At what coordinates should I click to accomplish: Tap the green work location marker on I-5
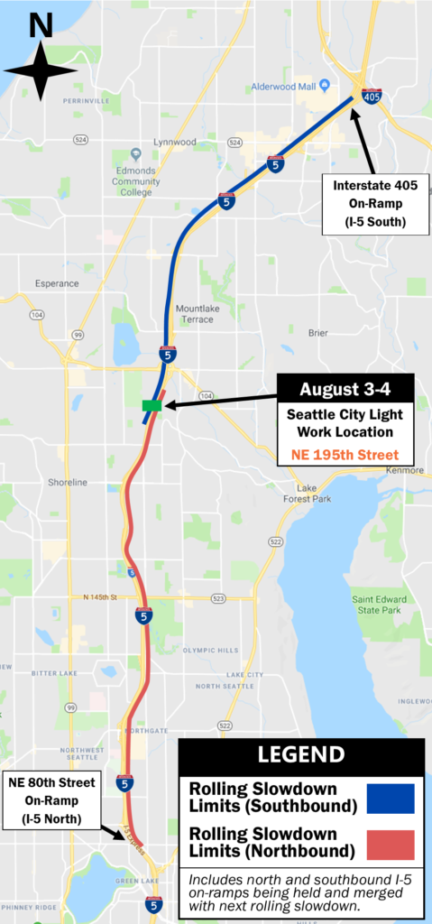pyautogui.click(x=152, y=406)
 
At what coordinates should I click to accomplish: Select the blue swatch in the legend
pyautogui.click(x=391, y=799)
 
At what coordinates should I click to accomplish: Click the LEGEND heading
pyautogui.click(x=301, y=754)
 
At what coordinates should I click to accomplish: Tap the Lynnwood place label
pyautogui.click(x=175, y=142)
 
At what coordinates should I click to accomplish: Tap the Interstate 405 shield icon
pyautogui.click(x=372, y=95)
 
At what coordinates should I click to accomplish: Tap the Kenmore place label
pyautogui.click(x=403, y=470)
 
